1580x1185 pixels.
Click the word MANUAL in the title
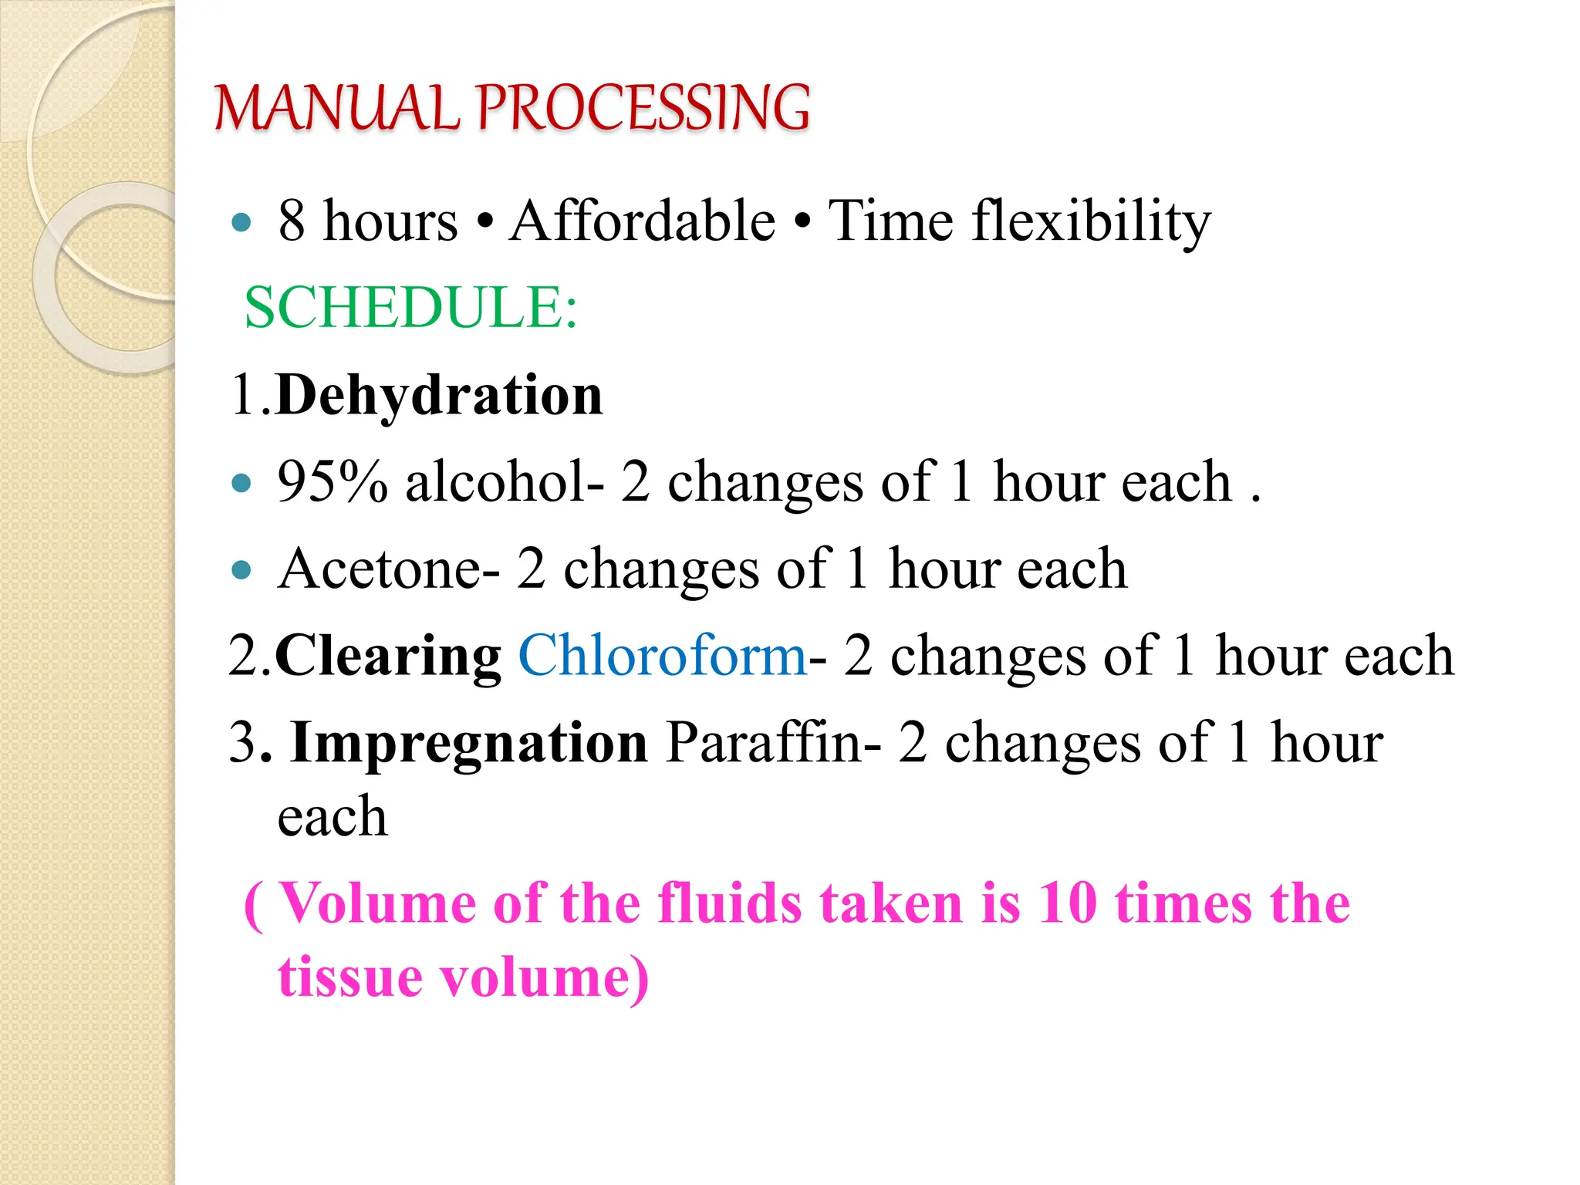pos(336,108)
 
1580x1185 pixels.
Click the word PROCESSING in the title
pos(643,108)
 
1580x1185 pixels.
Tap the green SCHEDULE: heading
pos(410,308)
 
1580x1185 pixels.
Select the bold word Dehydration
pos(439,395)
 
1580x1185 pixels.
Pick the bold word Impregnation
pos(469,743)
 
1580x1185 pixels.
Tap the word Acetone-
pos(389,569)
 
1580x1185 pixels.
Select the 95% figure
pos(333,482)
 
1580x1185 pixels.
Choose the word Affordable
pos(642,221)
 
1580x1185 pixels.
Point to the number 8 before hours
pos(292,221)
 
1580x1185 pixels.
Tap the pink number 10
pos(1067,903)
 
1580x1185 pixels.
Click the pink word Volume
pos(377,903)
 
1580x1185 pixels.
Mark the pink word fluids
pos(729,903)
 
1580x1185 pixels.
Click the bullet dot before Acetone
pos(241,570)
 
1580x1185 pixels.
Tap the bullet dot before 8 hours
pos(241,223)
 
